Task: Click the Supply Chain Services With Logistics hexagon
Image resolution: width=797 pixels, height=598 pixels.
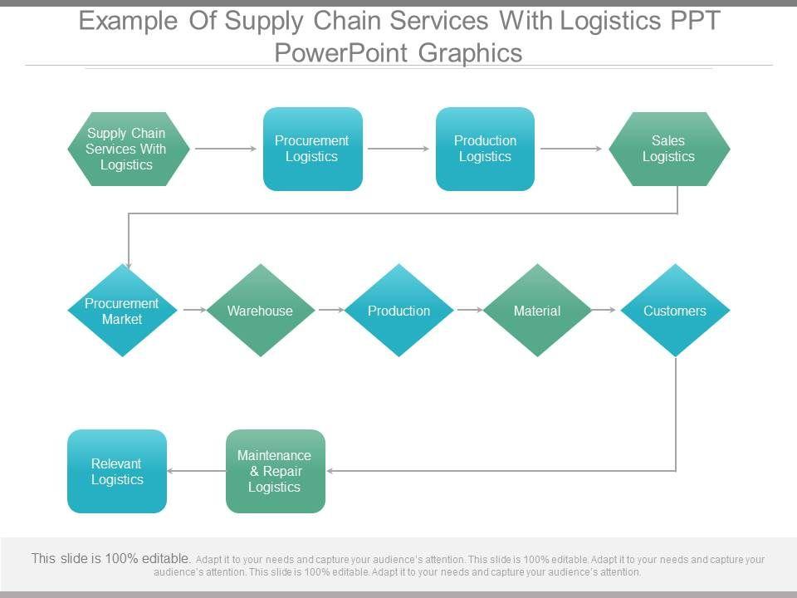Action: [x=128, y=149]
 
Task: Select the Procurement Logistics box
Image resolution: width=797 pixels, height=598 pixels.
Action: [x=312, y=149]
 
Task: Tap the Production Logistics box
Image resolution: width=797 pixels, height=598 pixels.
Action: [x=485, y=149]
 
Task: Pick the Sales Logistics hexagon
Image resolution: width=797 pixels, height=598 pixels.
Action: [x=669, y=149]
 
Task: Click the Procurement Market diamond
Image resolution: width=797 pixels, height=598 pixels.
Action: [x=122, y=311]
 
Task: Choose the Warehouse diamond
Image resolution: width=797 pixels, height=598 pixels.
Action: [x=260, y=311]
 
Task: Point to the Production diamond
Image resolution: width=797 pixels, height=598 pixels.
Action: [x=398, y=311]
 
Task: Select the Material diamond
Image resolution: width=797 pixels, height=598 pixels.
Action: [x=537, y=311]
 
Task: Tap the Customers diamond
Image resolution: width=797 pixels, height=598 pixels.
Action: [x=675, y=311]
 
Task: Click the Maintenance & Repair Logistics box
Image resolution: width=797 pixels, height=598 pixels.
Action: [x=275, y=471]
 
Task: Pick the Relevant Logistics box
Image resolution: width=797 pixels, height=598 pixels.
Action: [x=116, y=471]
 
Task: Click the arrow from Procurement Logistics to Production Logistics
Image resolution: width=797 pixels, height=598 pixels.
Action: [x=398, y=149]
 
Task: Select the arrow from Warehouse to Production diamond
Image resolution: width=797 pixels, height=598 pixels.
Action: [x=330, y=310]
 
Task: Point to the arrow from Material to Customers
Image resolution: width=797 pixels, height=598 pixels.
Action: [x=606, y=310]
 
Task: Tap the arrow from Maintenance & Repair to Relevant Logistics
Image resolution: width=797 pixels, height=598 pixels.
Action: [x=196, y=471]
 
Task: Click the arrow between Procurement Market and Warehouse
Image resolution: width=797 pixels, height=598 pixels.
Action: [x=193, y=310]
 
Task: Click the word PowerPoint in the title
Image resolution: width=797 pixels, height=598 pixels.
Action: [x=341, y=52]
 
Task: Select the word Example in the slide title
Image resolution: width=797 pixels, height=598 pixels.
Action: [x=128, y=21]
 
